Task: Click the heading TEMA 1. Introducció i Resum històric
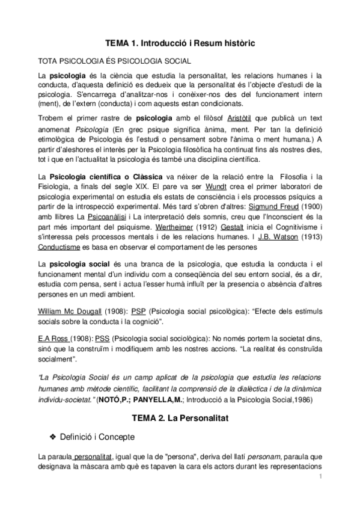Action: [x=180, y=44]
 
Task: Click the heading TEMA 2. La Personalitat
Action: [x=180, y=416]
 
